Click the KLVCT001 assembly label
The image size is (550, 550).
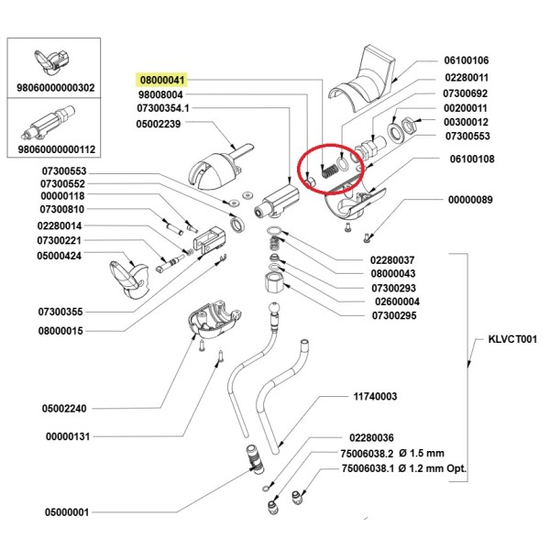(502, 337)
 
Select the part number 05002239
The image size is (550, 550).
(160, 124)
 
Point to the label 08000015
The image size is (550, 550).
(61, 330)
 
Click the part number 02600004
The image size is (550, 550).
(395, 301)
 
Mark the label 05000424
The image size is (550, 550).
(61, 256)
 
